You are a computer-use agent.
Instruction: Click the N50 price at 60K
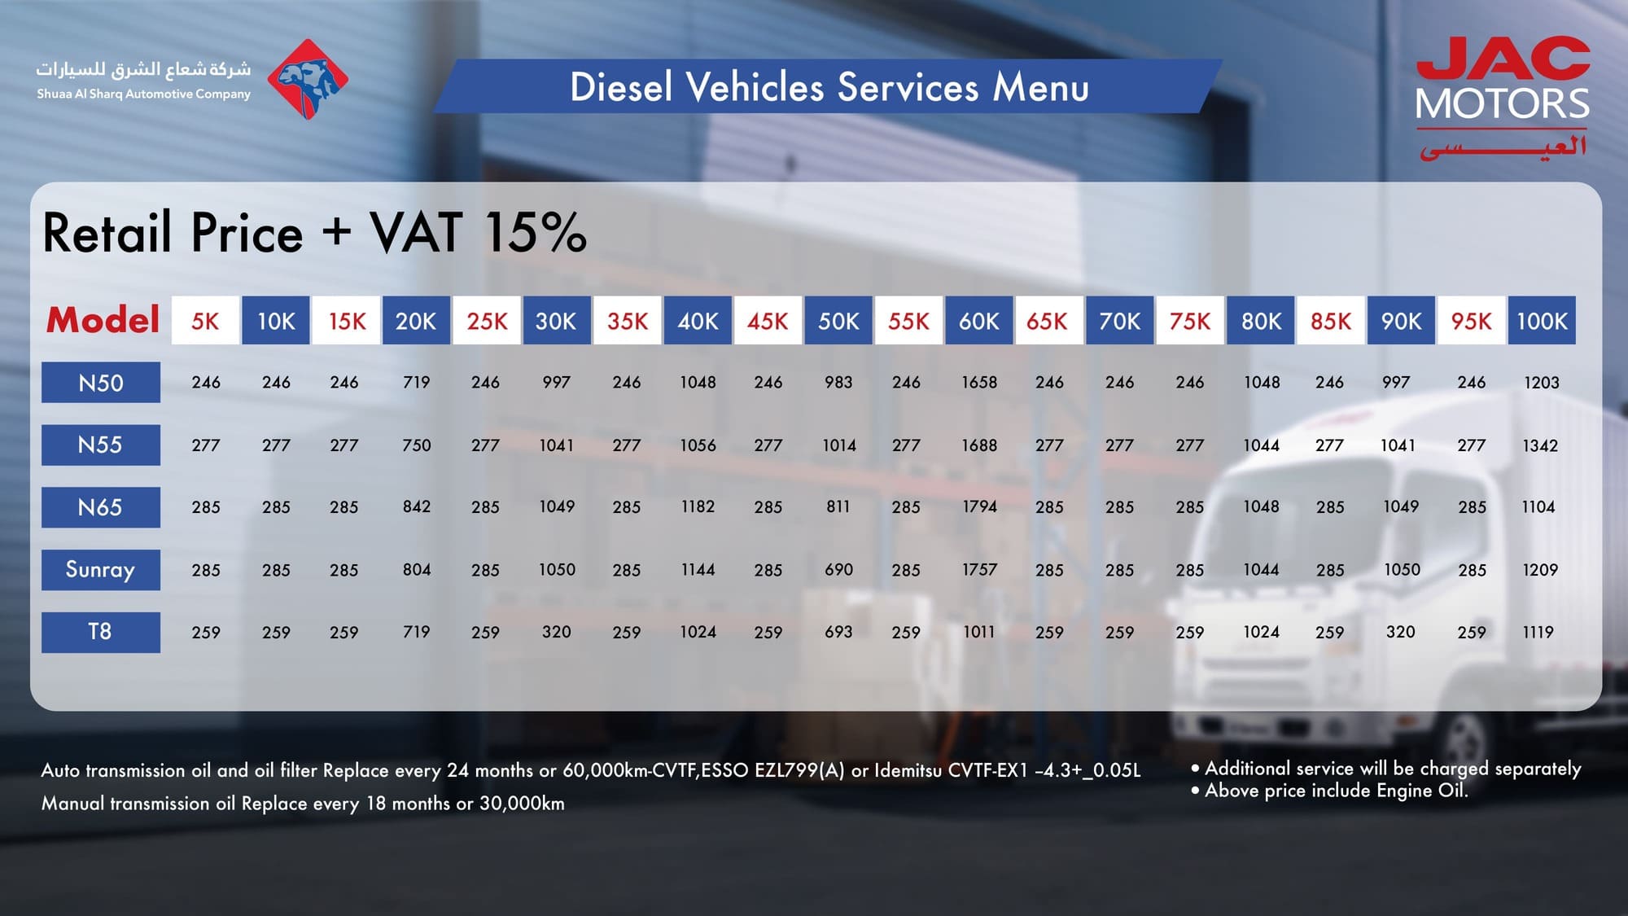(x=978, y=383)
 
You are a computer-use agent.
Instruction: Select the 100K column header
(x=1541, y=321)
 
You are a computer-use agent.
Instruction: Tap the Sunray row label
(x=100, y=569)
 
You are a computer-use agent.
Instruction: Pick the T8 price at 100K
(x=1538, y=632)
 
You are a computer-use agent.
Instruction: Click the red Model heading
(x=103, y=320)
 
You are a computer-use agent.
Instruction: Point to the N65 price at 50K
(x=838, y=506)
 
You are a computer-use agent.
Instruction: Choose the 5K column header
(x=205, y=321)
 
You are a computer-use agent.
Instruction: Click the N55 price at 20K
(x=416, y=445)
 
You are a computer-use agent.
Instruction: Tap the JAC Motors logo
(x=1502, y=96)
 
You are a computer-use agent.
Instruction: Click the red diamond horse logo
(x=308, y=80)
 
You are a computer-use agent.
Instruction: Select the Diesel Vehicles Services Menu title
(x=829, y=87)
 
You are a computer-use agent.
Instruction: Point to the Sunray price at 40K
(x=698, y=569)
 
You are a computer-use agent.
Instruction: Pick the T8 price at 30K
(x=556, y=632)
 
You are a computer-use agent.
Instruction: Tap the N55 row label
(x=100, y=445)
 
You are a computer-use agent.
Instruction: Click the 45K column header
(x=768, y=321)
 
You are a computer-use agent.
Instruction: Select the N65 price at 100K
(x=1538, y=506)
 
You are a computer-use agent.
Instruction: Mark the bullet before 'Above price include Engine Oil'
(x=1195, y=791)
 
